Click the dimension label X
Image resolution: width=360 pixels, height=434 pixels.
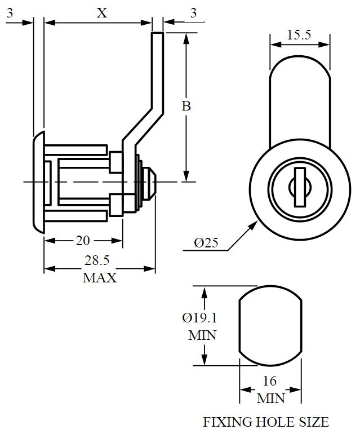coord(101,14)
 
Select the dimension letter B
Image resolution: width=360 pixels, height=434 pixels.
coord(185,105)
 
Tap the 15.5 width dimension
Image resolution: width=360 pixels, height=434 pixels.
coord(299,35)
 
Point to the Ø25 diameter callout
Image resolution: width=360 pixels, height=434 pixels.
coord(206,243)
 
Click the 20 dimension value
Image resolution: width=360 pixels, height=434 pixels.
coord(83,241)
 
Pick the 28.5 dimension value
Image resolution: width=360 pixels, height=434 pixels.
coord(99,261)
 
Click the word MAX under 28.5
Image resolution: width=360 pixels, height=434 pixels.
coord(100,278)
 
